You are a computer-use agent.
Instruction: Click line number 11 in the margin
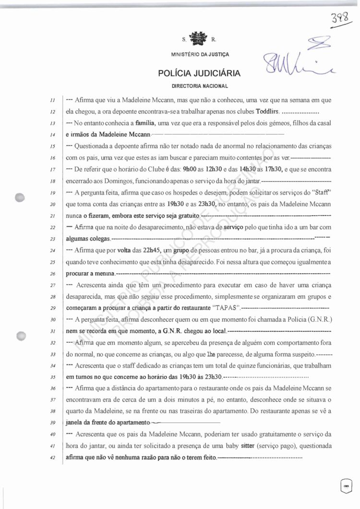point(54,101)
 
